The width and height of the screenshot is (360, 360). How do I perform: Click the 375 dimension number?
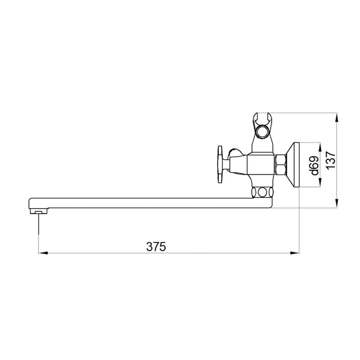click(x=156, y=247)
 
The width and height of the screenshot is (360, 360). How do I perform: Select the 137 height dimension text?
click(x=331, y=160)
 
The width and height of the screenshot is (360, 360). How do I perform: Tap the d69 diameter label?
click(x=315, y=165)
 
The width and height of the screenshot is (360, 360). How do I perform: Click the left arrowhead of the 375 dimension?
click(x=43, y=253)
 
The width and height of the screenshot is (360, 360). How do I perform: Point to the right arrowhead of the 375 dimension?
click(x=294, y=253)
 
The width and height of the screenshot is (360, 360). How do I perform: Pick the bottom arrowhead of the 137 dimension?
click(x=337, y=203)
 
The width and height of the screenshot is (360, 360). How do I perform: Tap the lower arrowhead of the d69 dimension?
click(x=319, y=183)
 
